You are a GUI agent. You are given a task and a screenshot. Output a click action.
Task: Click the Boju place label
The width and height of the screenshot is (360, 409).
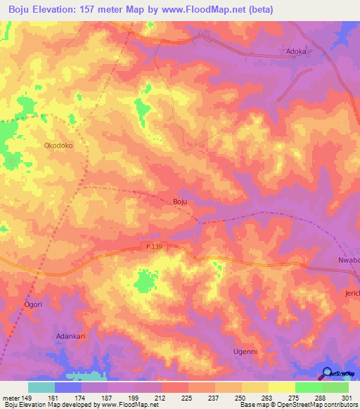(x=179, y=202)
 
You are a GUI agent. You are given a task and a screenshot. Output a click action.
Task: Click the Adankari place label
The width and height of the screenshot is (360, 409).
(x=70, y=337)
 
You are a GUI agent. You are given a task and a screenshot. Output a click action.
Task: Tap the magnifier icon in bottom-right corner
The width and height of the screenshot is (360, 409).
(x=328, y=373)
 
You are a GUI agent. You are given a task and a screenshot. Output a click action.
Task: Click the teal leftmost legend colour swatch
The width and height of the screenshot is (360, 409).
(x=41, y=387)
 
